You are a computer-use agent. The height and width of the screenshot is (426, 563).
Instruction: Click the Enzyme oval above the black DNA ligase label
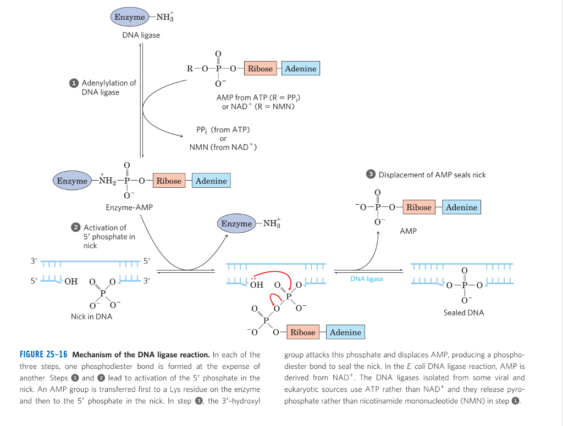coord(130,17)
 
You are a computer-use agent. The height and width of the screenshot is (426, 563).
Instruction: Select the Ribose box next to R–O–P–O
coord(260,69)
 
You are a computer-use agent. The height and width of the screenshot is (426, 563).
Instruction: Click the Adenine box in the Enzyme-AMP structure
coord(211,181)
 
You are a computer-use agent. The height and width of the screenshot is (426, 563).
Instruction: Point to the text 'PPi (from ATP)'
coord(223,130)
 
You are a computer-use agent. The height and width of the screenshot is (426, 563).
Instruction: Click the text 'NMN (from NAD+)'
coord(223,147)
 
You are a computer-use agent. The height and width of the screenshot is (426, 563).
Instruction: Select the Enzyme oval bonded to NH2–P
coord(72,181)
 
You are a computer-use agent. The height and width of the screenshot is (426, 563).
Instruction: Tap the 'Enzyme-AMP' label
coord(129,208)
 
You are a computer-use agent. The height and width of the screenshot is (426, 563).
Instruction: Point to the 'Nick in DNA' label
coord(91,316)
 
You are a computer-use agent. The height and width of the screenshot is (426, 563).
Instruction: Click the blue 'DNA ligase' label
coord(367,279)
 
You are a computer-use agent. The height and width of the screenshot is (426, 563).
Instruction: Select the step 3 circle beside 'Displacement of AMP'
coord(371,175)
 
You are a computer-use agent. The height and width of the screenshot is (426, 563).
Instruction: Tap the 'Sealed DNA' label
coord(463,312)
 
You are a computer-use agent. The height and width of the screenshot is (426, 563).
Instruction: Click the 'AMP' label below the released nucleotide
coord(408,231)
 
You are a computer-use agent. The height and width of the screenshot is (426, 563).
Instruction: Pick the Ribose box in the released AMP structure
coord(419,207)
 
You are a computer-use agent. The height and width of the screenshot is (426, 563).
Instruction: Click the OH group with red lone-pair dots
coord(256,285)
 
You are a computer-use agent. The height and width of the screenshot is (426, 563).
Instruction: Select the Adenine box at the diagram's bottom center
coord(345,332)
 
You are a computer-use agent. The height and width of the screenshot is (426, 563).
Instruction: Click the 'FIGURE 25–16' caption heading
coord(43,355)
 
